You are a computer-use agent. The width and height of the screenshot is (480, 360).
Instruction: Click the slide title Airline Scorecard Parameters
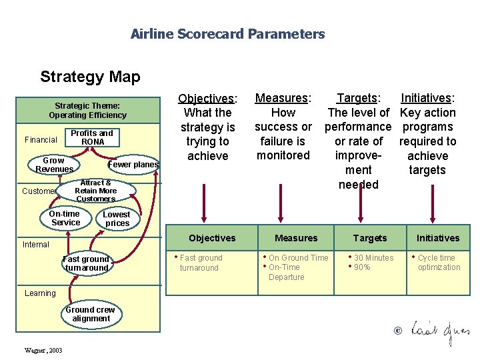pyautogui.click(x=227, y=34)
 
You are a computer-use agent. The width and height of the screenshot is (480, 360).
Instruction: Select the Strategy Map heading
pyautogui.click(x=90, y=77)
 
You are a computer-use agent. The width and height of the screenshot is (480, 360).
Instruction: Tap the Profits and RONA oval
pyautogui.click(x=92, y=137)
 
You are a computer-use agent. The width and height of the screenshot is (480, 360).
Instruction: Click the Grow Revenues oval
pyautogui.click(x=54, y=165)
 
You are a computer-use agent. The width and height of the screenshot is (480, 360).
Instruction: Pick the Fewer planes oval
pyautogui.click(x=133, y=165)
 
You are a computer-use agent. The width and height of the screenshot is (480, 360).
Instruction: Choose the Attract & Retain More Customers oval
pyautogui.click(x=96, y=191)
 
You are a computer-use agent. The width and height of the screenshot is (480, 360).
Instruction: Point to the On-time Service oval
pyautogui.click(x=65, y=218)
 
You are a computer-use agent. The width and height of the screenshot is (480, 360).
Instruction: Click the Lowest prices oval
pyautogui.click(x=117, y=219)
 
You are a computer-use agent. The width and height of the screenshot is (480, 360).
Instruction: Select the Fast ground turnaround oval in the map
pyautogui.click(x=86, y=263)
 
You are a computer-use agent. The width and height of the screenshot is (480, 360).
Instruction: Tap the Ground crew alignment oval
pyautogui.click(x=90, y=314)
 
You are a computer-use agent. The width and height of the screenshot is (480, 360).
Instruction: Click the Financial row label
pyautogui.click(x=41, y=140)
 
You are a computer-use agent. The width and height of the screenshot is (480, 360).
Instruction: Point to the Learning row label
pyautogui.click(x=40, y=293)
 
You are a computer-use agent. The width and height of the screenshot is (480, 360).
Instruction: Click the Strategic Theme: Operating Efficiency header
pyautogui.click(x=87, y=110)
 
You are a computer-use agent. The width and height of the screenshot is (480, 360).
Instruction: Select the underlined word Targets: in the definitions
pyautogui.click(x=358, y=99)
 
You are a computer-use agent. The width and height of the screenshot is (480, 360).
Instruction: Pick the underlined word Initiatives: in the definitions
pyautogui.click(x=427, y=99)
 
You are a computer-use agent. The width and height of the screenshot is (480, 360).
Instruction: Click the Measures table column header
pyautogui.click(x=296, y=238)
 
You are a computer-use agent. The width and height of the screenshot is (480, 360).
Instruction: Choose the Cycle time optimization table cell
pyautogui.click(x=438, y=263)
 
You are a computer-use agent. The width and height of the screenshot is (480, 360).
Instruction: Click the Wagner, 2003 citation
pyautogui.click(x=43, y=350)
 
